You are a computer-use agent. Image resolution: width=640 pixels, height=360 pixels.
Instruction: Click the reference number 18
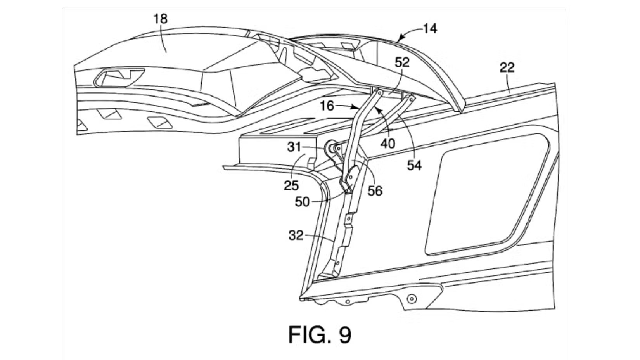pyautogui.click(x=161, y=19)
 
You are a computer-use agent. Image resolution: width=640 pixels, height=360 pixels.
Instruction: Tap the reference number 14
pyautogui.click(x=430, y=29)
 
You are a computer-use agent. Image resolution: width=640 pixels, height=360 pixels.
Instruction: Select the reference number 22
pyautogui.click(x=507, y=68)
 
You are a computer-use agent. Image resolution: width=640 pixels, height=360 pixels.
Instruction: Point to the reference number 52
pyautogui.click(x=402, y=63)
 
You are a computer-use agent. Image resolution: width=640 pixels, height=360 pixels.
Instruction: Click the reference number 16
pyautogui.click(x=327, y=106)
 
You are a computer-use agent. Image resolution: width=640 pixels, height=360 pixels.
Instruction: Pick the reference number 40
pyautogui.click(x=388, y=144)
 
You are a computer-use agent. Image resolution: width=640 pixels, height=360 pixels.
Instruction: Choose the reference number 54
pyautogui.click(x=414, y=165)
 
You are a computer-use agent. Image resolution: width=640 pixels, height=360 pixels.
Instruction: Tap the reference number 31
pyautogui.click(x=294, y=147)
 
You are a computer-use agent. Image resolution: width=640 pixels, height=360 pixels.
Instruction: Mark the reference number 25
pyautogui.click(x=291, y=186)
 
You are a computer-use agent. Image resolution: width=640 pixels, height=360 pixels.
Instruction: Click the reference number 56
pyautogui.click(x=375, y=191)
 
